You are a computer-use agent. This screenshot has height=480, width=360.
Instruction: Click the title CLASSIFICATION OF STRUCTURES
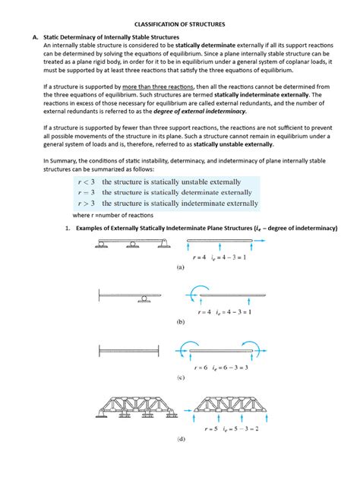[180, 24]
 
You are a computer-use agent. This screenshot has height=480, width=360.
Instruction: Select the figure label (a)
[180, 268]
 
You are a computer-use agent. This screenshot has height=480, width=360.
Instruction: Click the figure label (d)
[180, 439]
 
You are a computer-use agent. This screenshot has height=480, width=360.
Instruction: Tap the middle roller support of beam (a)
[133, 245]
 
